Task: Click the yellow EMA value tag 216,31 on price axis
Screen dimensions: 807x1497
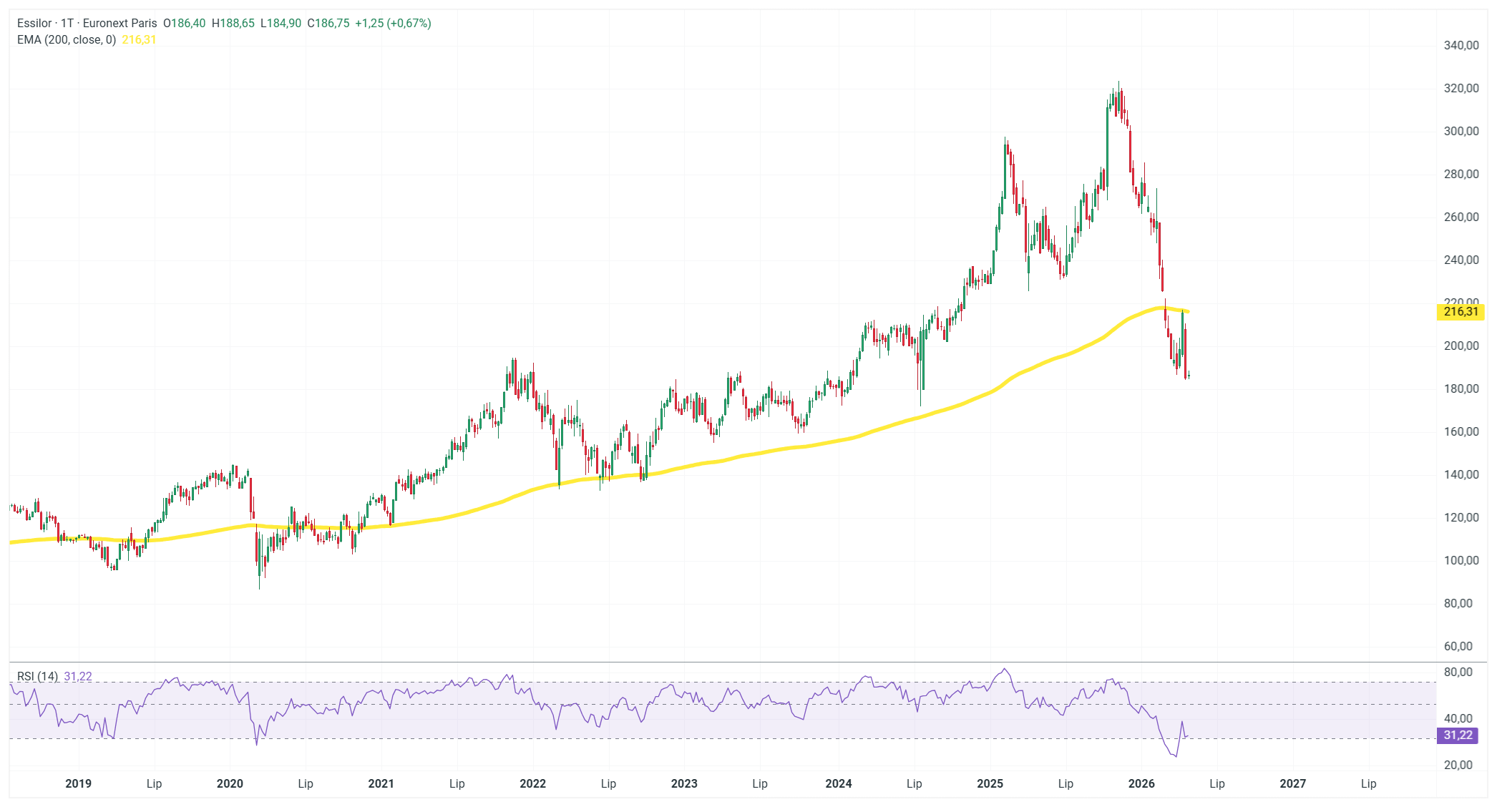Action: [1461, 311]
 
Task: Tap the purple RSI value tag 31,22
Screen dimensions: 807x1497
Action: [1458, 735]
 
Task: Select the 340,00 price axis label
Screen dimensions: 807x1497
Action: [1461, 45]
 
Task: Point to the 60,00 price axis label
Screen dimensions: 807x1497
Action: [1458, 646]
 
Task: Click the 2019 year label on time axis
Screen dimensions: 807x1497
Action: [78, 783]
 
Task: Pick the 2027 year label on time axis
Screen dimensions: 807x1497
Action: [1292, 783]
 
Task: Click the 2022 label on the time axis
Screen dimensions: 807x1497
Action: [532, 783]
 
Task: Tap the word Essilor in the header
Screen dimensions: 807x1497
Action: [34, 23]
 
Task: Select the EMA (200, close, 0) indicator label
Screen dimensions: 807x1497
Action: [67, 39]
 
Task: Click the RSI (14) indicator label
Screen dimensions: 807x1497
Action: [37, 676]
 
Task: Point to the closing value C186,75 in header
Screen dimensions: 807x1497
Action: [328, 23]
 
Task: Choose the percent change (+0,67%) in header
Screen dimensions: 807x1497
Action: [409, 23]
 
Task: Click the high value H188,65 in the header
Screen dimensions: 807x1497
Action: [233, 23]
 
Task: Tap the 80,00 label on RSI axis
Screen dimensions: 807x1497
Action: [1458, 672]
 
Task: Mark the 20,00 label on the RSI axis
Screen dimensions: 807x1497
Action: [1458, 765]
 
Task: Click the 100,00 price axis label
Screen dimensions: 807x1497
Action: [1461, 560]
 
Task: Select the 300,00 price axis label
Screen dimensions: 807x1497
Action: [1461, 131]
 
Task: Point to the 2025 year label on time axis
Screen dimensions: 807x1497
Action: [990, 783]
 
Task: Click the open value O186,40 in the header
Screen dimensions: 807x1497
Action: [184, 23]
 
